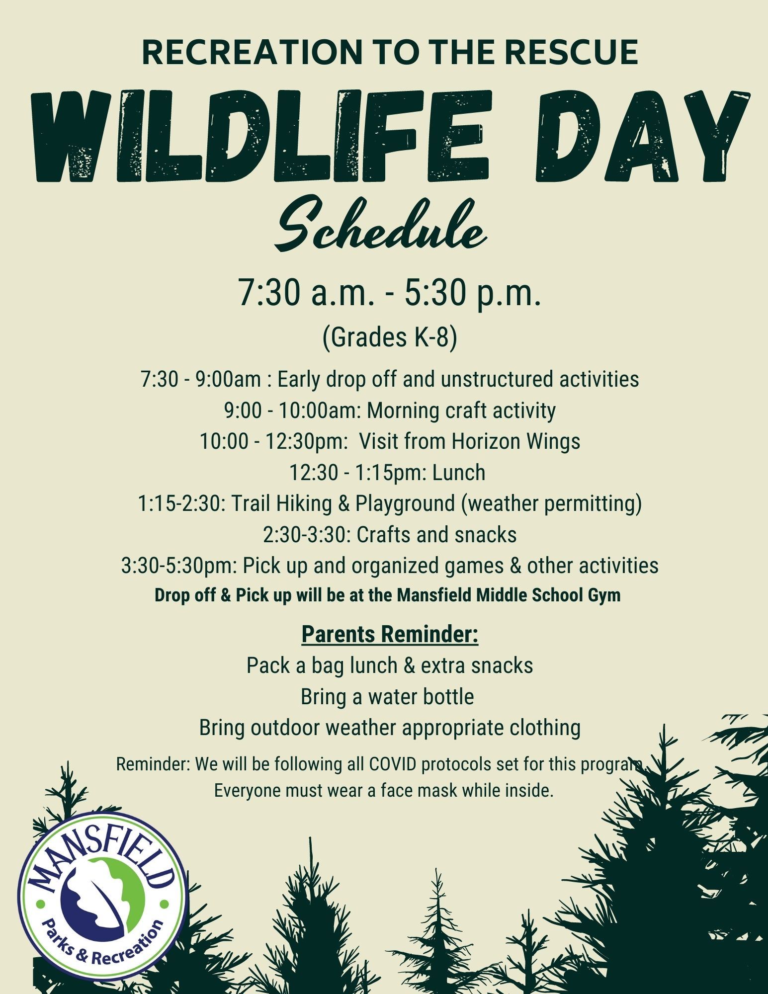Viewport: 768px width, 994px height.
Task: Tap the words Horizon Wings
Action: (515, 441)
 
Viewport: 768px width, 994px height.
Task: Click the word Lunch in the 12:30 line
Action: (458, 473)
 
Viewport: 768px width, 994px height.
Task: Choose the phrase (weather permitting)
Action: (551, 503)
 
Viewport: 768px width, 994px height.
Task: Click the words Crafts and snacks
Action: (437, 535)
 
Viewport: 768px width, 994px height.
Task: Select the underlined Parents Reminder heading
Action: (390, 635)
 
